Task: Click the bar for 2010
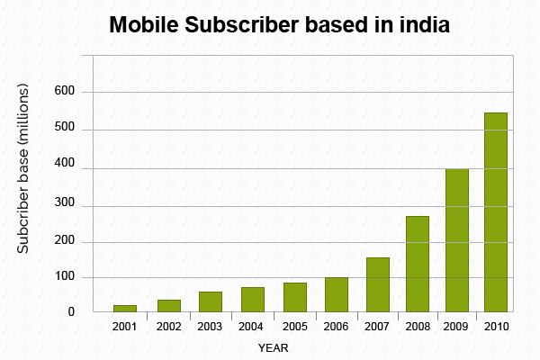[496, 212]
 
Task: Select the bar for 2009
[456, 240]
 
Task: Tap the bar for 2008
[417, 264]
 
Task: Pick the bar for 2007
[378, 284]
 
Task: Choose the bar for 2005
[295, 297]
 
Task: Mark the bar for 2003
[211, 301]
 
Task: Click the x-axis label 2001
[125, 326]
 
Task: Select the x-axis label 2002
[168, 326]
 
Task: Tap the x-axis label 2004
[252, 326]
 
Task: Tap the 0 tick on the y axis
[70, 312]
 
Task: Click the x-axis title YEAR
[273, 346]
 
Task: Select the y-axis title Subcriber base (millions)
[24, 168]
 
